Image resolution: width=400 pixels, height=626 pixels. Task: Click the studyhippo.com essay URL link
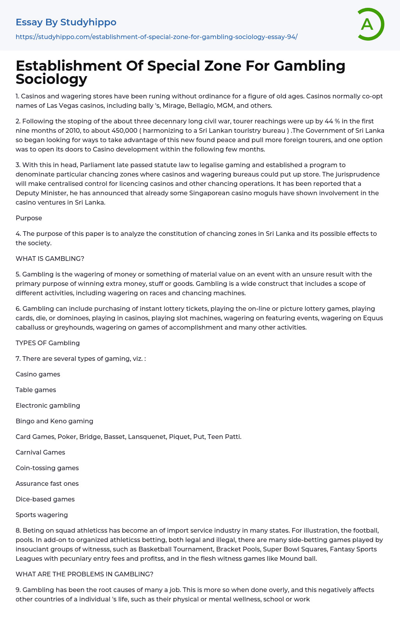click(x=156, y=37)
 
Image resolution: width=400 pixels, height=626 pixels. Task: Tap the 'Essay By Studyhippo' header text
click(x=66, y=22)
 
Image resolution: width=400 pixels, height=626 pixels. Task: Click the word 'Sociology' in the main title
click(x=51, y=79)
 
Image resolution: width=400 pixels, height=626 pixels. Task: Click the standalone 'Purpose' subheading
click(x=29, y=218)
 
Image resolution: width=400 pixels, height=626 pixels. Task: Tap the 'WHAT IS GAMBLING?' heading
click(x=50, y=259)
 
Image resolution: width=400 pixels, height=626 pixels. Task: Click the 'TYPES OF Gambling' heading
click(x=48, y=343)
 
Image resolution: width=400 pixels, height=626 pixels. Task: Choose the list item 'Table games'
click(x=36, y=390)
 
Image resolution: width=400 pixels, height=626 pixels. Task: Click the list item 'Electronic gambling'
click(x=48, y=405)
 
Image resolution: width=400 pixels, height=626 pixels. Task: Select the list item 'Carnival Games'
click(x=40, y=452)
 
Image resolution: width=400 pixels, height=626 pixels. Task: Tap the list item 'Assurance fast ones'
click(x=47, y=483)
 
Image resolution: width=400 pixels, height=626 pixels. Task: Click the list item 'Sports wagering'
click(x=42, y=515)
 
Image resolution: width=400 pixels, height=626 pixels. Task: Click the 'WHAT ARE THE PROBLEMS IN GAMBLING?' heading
click(x=84, y=574)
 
